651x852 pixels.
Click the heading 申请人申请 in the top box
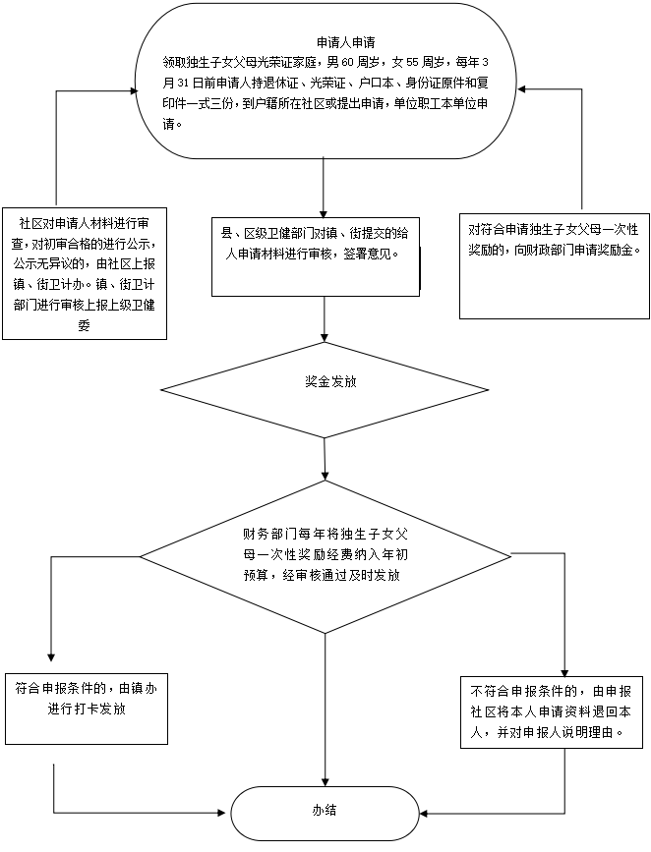(346, 42)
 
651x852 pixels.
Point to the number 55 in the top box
(413, 63)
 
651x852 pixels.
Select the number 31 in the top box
(182, 84)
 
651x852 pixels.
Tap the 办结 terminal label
(325, 810)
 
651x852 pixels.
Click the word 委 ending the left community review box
(84, 325)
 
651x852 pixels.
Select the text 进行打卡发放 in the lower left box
(87, 710)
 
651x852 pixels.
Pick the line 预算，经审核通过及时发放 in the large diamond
(322, 575)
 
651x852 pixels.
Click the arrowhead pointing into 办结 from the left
(222, 813)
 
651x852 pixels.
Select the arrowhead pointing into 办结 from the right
(423, 814)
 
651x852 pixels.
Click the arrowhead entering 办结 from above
(325, 781)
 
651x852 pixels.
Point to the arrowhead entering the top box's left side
(133, 88)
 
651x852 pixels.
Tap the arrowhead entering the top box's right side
(521, 88)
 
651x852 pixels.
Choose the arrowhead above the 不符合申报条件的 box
(565, 671)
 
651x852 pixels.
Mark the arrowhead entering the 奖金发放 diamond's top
(325, 337)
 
